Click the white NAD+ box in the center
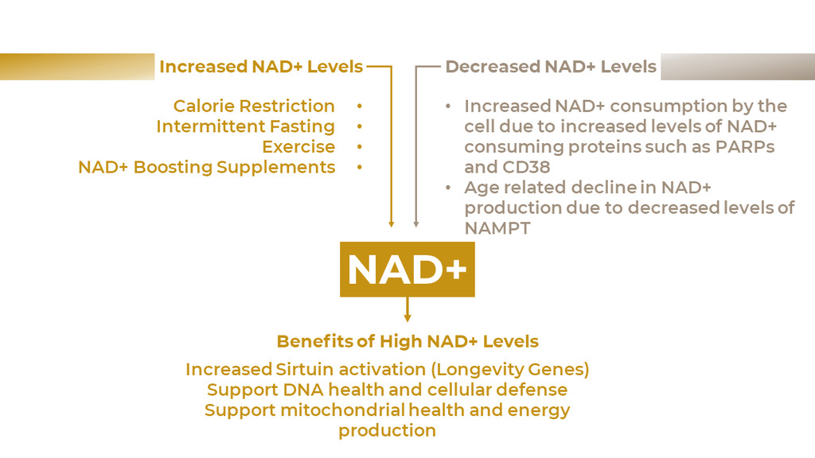[407, 269]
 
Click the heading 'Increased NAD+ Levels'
[261, 67]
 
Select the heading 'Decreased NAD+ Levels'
[551, 67]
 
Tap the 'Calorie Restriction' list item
[254, 106]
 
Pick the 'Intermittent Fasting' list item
[245, 126]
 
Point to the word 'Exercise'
[298, 146]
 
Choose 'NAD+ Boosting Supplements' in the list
[206, 167]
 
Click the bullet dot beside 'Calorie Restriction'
[359, 106]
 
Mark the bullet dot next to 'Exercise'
[359, 146]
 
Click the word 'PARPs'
[745, 146]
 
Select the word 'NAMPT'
[497, 228]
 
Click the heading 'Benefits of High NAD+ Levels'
[407, 341]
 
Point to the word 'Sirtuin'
[304, 369]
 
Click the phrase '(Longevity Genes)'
[510, 370]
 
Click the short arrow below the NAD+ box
[407, 309]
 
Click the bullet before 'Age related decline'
[448, 187]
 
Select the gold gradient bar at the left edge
[77, 67]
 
